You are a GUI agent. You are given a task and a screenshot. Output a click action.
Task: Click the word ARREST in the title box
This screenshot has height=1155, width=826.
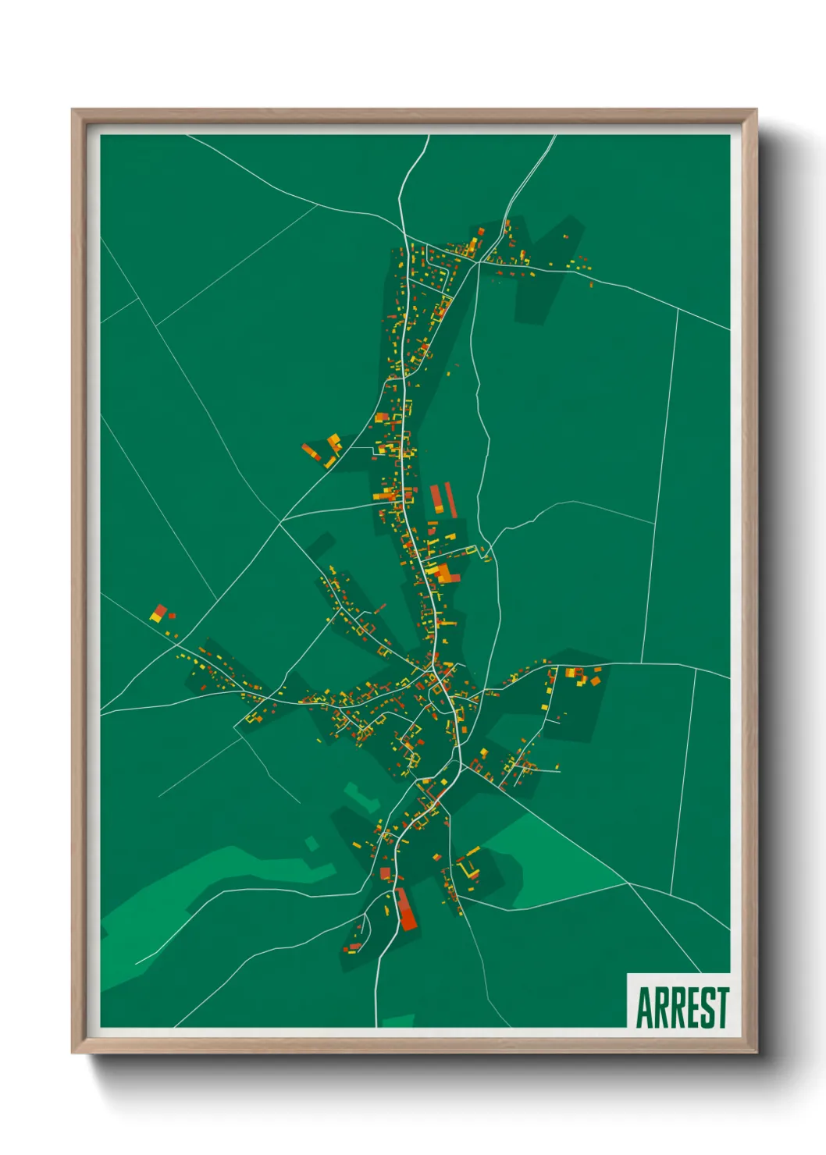tap(682, 1008)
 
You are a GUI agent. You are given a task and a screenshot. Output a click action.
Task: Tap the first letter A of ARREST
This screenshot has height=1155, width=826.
tap(644, 1008)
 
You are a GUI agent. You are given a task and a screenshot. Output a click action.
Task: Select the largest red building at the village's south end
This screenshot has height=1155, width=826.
tap(405, 910)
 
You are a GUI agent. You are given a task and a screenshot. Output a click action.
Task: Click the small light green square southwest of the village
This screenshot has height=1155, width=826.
tap(312, 844)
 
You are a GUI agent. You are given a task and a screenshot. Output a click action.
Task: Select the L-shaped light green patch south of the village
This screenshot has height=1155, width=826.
tap(361, 796)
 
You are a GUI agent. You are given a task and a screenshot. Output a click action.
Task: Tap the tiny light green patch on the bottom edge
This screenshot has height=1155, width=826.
tap(398, 1021)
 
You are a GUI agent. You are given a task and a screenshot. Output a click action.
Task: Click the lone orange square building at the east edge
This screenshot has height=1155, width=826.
tap(596, 681)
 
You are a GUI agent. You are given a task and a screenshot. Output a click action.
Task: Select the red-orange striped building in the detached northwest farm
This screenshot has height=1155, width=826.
tap(312, 452)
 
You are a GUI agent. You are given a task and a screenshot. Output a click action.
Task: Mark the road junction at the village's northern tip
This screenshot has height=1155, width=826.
tap(403, 232)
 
